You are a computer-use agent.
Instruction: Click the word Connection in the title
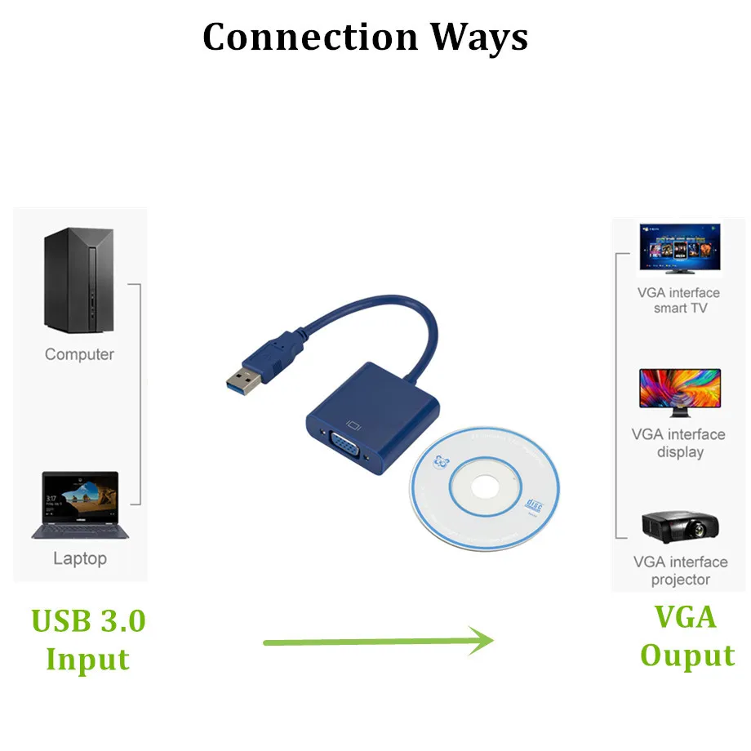pyautogui.click(x=310, y=37)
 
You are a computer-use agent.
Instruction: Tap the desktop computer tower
pyautogui.click(x=78, y=282)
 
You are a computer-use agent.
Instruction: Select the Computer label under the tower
pyautogui.click(x=79, y=354)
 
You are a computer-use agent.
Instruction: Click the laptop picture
pyautogui.click(x=80, y=505)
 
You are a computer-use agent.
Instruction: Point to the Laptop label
pyautogui.click(x=80, y=559)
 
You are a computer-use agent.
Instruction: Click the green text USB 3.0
pyautogui.click(x=88, y=620)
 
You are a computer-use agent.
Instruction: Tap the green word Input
pyautogui.click(x=87, y=659)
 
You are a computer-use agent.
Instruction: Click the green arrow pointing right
pyautogui.click(x=379, y=641)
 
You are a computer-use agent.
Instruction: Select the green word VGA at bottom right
pyautogui.click(x=686, y=616)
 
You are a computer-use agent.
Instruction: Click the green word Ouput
pyautogui.click(x=687, y=655)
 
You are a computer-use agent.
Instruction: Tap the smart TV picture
pyautogui.click(x=678, y=249)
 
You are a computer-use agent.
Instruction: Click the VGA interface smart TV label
pyautogui.click(x=679, y=300)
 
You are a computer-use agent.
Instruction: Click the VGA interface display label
pyautogui.click(x=678, y=443)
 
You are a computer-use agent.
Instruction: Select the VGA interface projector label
pyautogui.click(x=680, y=571)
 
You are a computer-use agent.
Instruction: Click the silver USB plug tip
pyautogui.click(x=242, y=380)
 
